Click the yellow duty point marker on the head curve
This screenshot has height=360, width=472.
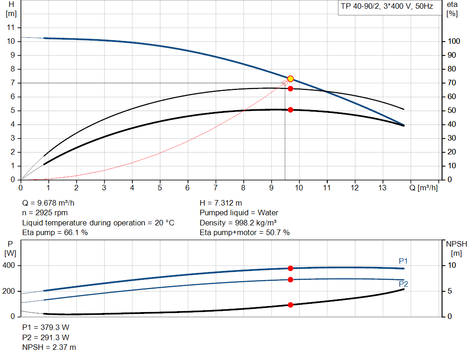290,79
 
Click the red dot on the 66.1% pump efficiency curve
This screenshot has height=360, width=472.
290,89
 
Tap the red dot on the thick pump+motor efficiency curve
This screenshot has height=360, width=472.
290,110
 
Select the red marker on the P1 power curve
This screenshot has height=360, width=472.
290,268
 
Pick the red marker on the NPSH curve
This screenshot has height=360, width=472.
290,305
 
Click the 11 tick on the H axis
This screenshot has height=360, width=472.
12,28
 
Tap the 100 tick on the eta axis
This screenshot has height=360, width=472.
454,41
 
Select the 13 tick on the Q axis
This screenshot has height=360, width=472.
382,188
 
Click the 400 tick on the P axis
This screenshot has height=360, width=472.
10,266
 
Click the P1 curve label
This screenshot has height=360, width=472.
403,261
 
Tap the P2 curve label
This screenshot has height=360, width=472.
403,284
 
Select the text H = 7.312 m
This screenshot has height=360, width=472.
221,203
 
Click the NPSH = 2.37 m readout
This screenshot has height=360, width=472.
49,347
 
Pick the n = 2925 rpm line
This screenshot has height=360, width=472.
45,213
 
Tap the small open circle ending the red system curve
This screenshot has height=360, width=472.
285,83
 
